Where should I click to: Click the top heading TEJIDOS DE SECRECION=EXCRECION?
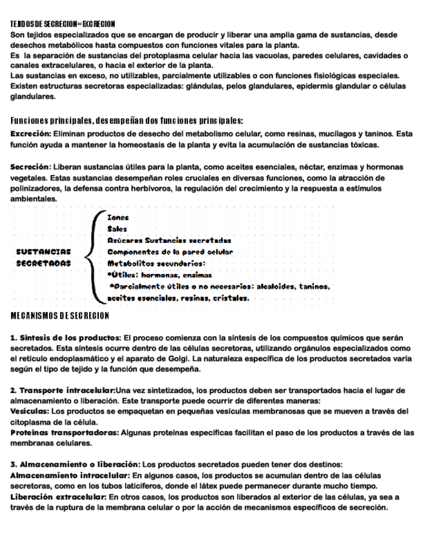pos(63,23)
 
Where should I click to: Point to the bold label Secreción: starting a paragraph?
pos(30,167)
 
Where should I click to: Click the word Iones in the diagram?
pos(118,217)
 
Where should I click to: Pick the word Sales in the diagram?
pos(117,228)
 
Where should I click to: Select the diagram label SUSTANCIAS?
pos(43,251)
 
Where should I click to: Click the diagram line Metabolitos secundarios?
pos(156,263)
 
